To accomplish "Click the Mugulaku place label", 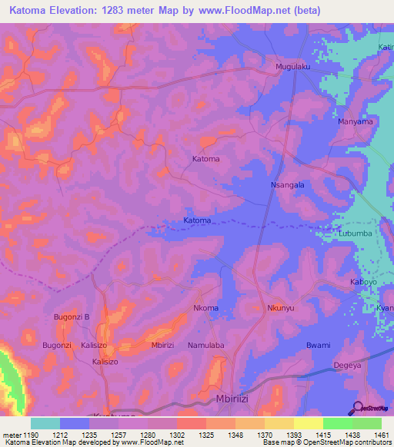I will [x=292, y=67].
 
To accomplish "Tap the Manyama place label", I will [x=356, y=121].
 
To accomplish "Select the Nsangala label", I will [x=288, y=185].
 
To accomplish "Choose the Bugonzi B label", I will [x=72, y=316].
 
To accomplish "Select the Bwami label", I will [x=318, y=346].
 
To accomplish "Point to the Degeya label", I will [x=346, y=366].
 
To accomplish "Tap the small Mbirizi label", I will [x=166, y=346].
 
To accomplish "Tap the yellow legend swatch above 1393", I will [x=308, y=423].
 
